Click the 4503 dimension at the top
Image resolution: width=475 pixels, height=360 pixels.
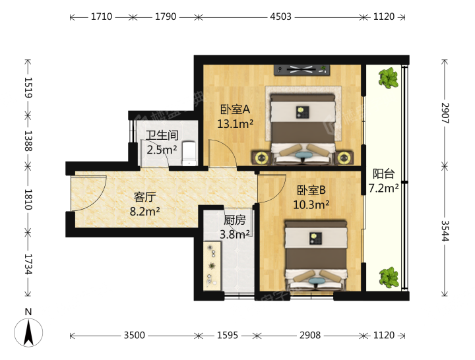pos(280,16)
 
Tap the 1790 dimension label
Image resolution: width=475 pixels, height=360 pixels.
pos(166,16)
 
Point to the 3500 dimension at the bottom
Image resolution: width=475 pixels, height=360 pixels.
pos(134,335)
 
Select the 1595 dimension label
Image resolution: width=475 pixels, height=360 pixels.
pos(227,335)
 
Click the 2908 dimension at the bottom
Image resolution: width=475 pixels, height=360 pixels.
pos(310,335)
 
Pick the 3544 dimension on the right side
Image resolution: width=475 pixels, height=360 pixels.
pos(445,231)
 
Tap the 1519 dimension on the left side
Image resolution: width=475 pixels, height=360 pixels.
pos(28,88)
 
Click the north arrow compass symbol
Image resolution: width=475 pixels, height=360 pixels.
pos(28,332)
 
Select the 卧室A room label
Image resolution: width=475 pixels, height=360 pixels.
pos(235,109)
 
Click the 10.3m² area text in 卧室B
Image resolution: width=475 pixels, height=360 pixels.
pos(311,205)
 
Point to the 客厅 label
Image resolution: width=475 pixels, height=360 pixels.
pos(144,197)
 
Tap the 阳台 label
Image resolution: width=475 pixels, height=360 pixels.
pos(383,174)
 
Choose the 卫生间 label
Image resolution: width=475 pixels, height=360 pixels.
pos(162,135)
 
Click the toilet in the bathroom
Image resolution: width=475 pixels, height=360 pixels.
pos(189,154)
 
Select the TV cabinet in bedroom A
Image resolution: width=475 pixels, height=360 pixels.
pos(301,70)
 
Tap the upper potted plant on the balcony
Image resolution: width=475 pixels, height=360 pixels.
pos(388,78)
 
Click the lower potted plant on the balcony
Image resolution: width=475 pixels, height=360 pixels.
pos(389,278)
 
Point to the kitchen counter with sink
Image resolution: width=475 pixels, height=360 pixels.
pos(212,266)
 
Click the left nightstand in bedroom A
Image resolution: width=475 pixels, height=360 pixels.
pos(261,158)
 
